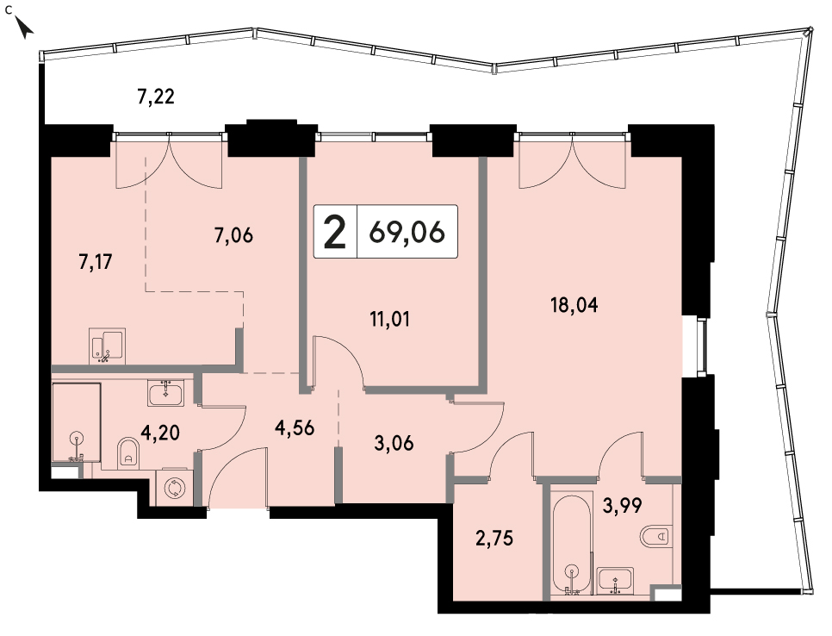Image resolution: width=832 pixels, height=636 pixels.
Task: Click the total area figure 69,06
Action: click(x=407, y=232)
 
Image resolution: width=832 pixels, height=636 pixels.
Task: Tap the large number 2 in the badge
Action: click(x=335, y=232)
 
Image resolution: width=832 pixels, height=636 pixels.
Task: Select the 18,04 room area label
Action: click(x=574, y=305)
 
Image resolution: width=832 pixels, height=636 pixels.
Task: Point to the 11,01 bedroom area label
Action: click(x=390, y=319)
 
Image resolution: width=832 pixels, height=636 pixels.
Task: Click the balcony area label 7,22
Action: click(x=156, y=97)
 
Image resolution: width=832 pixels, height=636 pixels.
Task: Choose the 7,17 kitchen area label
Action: click(x=96, y=262)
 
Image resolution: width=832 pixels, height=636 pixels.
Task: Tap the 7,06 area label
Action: click(x=234, y=234)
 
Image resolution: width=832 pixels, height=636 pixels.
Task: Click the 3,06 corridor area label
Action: click(x=394, y=443)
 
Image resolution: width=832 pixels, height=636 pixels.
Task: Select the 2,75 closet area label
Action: click(x=494, y=539)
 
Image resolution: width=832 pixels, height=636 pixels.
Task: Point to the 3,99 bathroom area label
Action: click(x=623, y=505)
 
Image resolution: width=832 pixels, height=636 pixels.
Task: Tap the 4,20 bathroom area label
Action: click(x=160, y=433)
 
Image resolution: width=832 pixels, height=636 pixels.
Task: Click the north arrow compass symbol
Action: click(x=24, y=27)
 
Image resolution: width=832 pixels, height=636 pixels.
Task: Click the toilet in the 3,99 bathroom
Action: click(x=655, y=536)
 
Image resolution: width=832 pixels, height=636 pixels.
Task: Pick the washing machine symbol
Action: click(x=173, y=488)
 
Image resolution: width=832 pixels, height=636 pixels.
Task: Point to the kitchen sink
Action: click(x=108, y=346)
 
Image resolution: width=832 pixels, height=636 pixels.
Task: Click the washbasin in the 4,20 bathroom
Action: click(x=166, y=394)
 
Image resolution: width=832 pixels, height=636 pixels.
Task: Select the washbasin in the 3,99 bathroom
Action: click(x=615, y=580)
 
